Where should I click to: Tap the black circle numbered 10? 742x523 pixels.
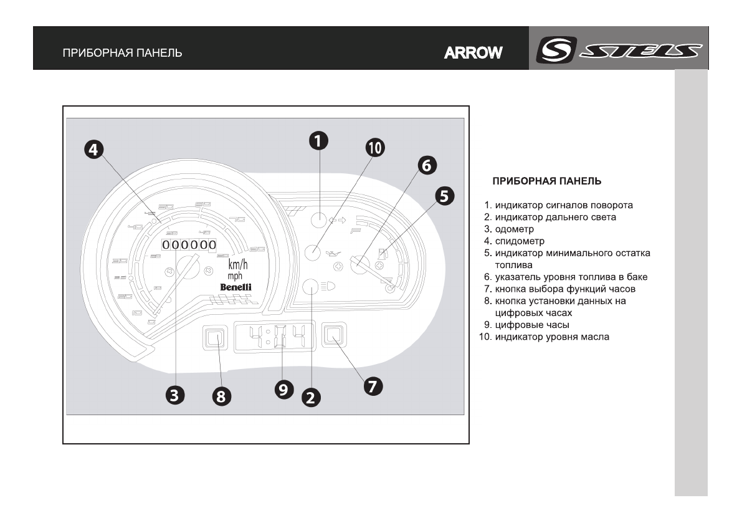tap(375, 148)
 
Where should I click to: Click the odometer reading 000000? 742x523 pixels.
tap(189, 245)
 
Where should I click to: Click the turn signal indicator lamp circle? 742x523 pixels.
tap(318, 219)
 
